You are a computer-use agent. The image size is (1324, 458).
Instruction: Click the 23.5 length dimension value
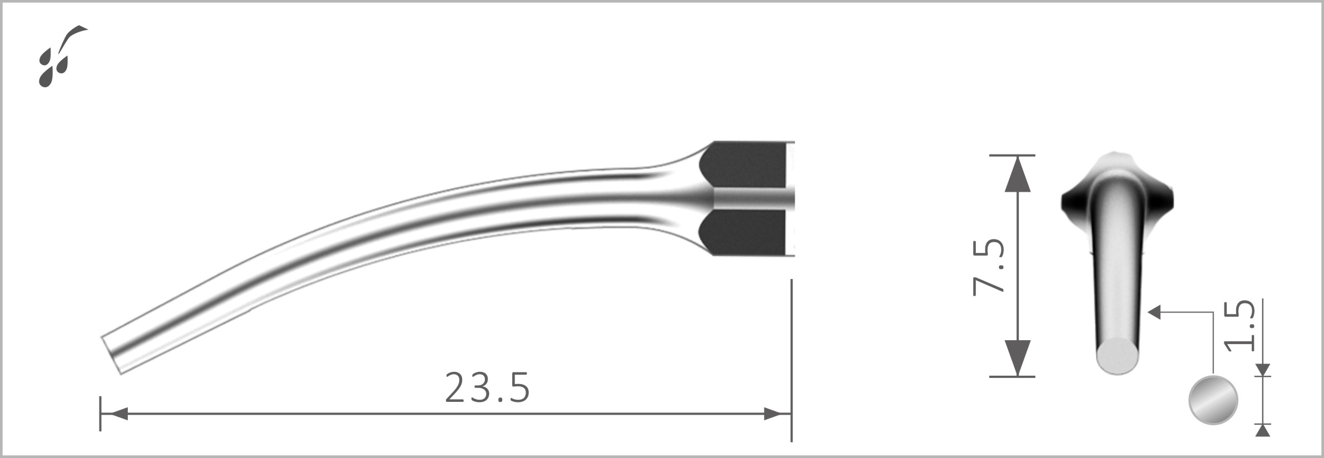[488, 388]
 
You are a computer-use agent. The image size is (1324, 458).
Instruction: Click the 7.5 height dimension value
[989, 266]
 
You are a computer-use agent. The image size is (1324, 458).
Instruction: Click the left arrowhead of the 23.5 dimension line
[115, 414]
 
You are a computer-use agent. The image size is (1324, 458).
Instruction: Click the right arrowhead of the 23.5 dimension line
[776, 414]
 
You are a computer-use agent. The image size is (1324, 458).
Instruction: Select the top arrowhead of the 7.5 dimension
[1018, 174]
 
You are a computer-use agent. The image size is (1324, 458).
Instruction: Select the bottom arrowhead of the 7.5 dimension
[1018, 357]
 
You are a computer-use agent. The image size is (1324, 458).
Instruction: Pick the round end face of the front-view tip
[1118, 356]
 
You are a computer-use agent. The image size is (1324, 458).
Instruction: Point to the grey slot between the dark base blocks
[751, 199]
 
